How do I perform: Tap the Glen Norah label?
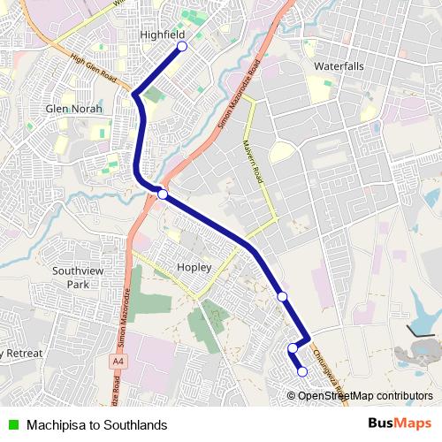click(x=73, y=109)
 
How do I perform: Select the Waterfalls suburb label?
click(x=338, y=66)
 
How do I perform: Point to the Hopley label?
click(x=194, y=266)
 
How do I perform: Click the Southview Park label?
click(x=72, y=278)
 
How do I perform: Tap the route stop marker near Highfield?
click(x=182, y=46)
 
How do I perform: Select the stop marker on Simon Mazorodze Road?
click(x=163, y=194)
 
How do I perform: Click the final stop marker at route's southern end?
click(x=302, y=372)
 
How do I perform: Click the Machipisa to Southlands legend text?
click(x=96, y=424)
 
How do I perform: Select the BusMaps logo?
click(x=400, y=423)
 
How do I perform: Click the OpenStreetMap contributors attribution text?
click(x=365, y=395)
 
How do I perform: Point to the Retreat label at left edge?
click(x=21, y=354)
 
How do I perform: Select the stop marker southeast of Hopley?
click(x=282, y=296)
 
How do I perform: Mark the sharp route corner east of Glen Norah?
click(x=133, y=94)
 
